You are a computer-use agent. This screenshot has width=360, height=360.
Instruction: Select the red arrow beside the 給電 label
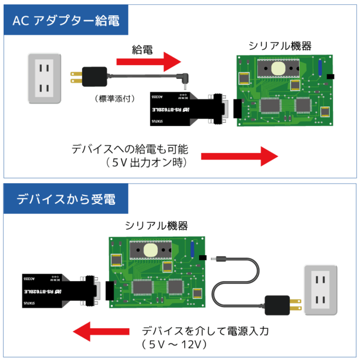(x=150, y=61)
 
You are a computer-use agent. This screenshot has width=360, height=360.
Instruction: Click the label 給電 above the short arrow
(x=142, y=50)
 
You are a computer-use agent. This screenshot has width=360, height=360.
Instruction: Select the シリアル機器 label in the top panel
(x=280, y=46)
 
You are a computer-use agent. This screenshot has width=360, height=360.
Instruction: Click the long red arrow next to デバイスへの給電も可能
(x=240, y=156)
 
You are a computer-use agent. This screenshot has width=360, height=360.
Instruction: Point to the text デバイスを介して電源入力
(x=206, y=331)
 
